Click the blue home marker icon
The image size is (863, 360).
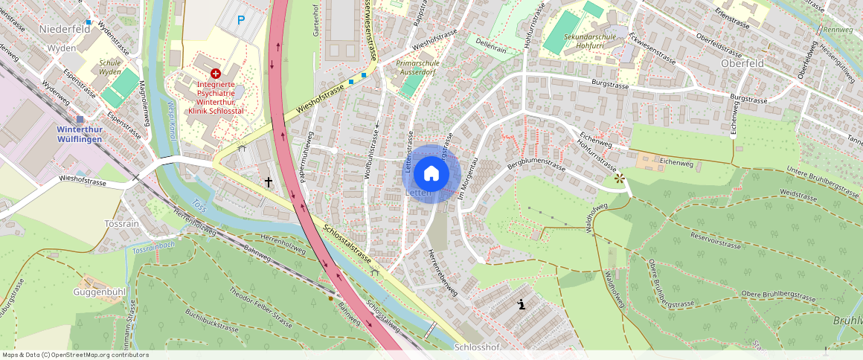tap(431, 173)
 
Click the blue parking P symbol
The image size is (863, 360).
tap(240, 21)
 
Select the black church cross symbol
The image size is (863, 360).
tap(268, 181)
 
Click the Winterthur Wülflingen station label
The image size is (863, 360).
tap(87, 132)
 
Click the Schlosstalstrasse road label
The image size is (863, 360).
tap(347, 244)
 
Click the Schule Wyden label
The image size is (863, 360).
tap(109, 68)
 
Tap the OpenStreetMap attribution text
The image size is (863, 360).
tap(76, 355)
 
